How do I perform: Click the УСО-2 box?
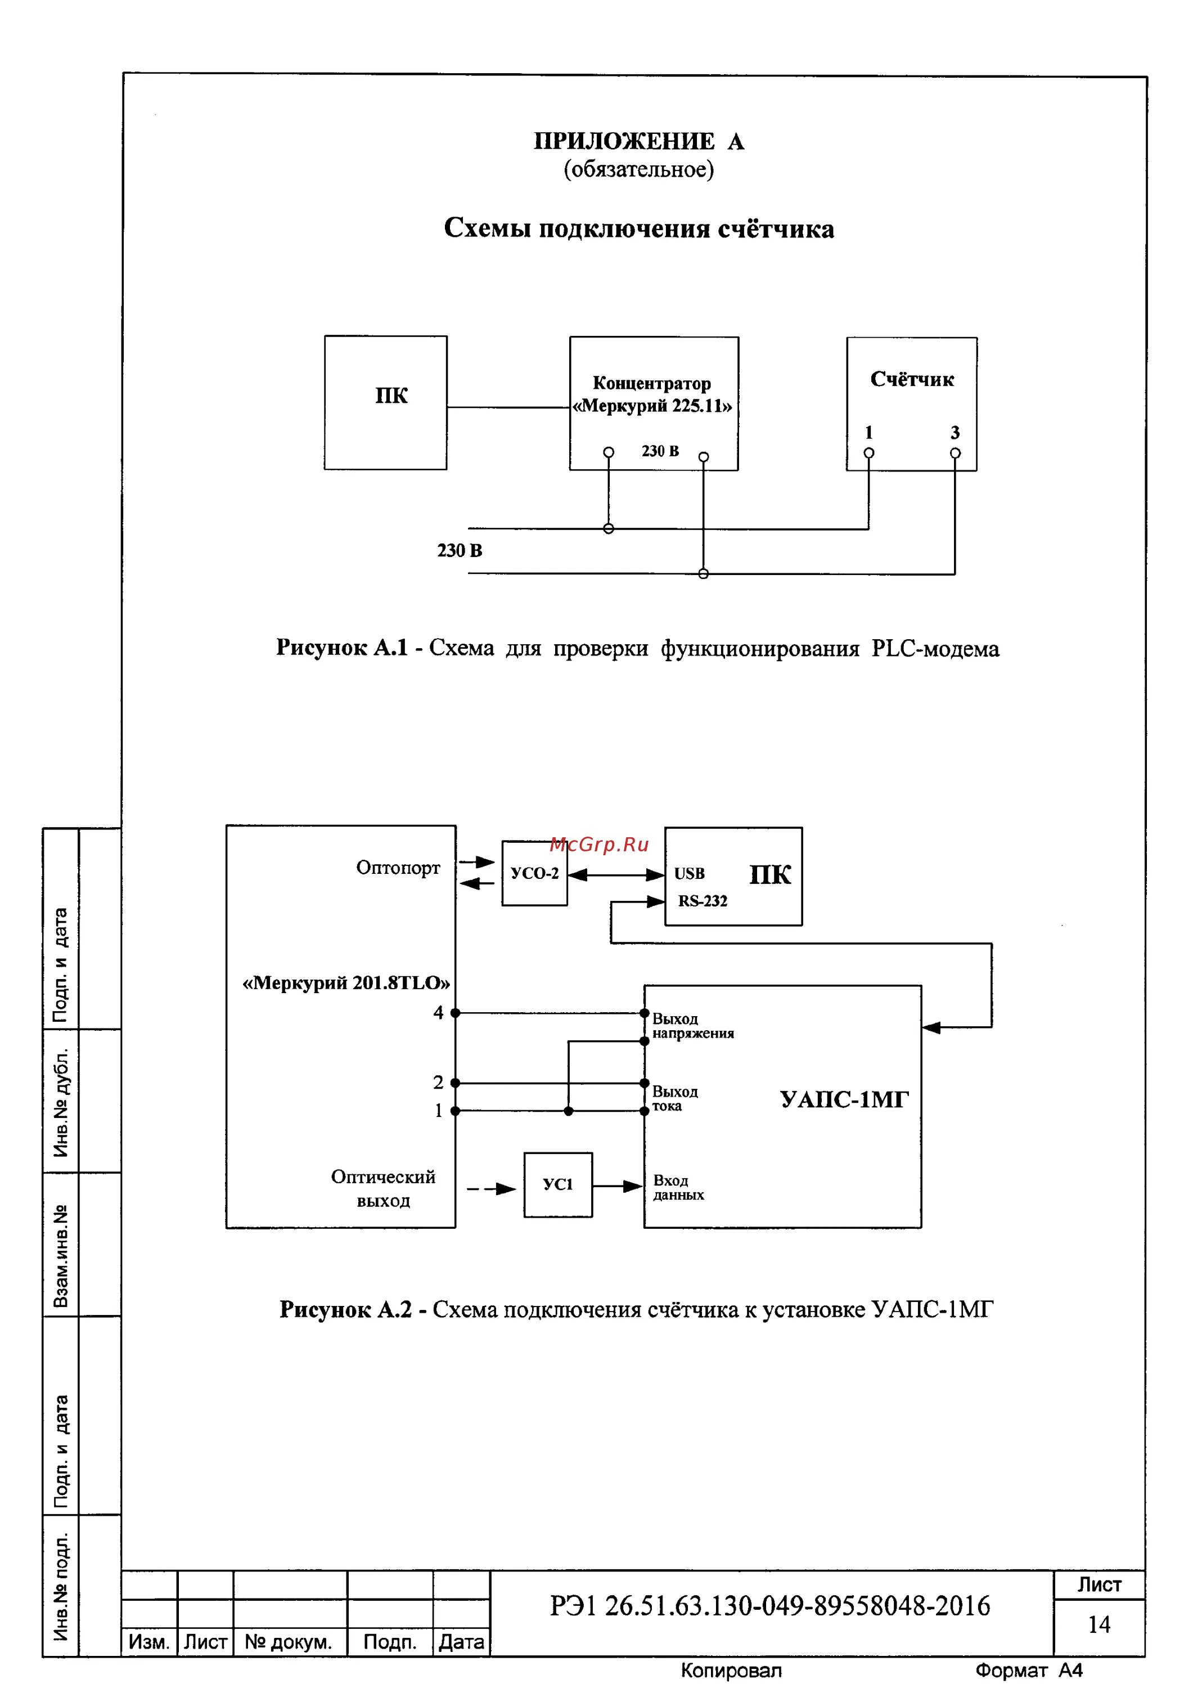pyautogui.click(x=534, y=873)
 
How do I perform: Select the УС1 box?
pyautogui.click(x=558, y=1184)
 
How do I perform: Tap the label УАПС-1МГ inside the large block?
pyautogui.click(x=844, y=1100)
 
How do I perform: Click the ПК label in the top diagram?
pyautogui.click(x=391, y=396)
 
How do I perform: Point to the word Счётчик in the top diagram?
pyautogui.click(x=911, y=379)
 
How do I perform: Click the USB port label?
pyautogui.click(x=690, y=873)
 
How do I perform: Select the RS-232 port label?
pyautogui.click(x=703, y=901)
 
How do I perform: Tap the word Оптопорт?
pyautogui.click(x=398, y=868)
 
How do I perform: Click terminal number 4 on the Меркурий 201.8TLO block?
pyautogui.click(x=438, y=1013)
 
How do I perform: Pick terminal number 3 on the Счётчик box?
pyautogui.click(x=955, y=433)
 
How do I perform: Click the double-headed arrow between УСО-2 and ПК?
pyautogui.click(x=616, y=875)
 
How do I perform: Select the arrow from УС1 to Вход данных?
pyautogui.click(x=618, y=1186)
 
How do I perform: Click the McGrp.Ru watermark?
pyautogui.click(x=599, y=845)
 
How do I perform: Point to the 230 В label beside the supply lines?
pyautogui.click(x=460, y=551)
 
